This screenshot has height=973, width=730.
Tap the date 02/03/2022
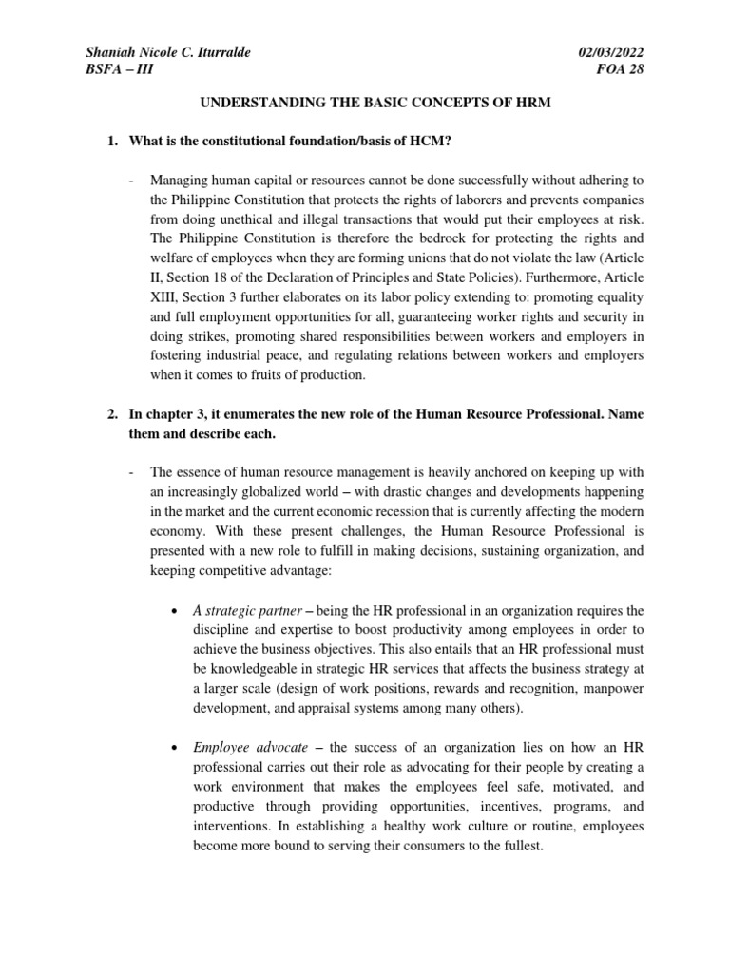(x=607, y=52)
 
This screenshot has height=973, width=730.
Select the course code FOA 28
(x=619, y=70)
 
